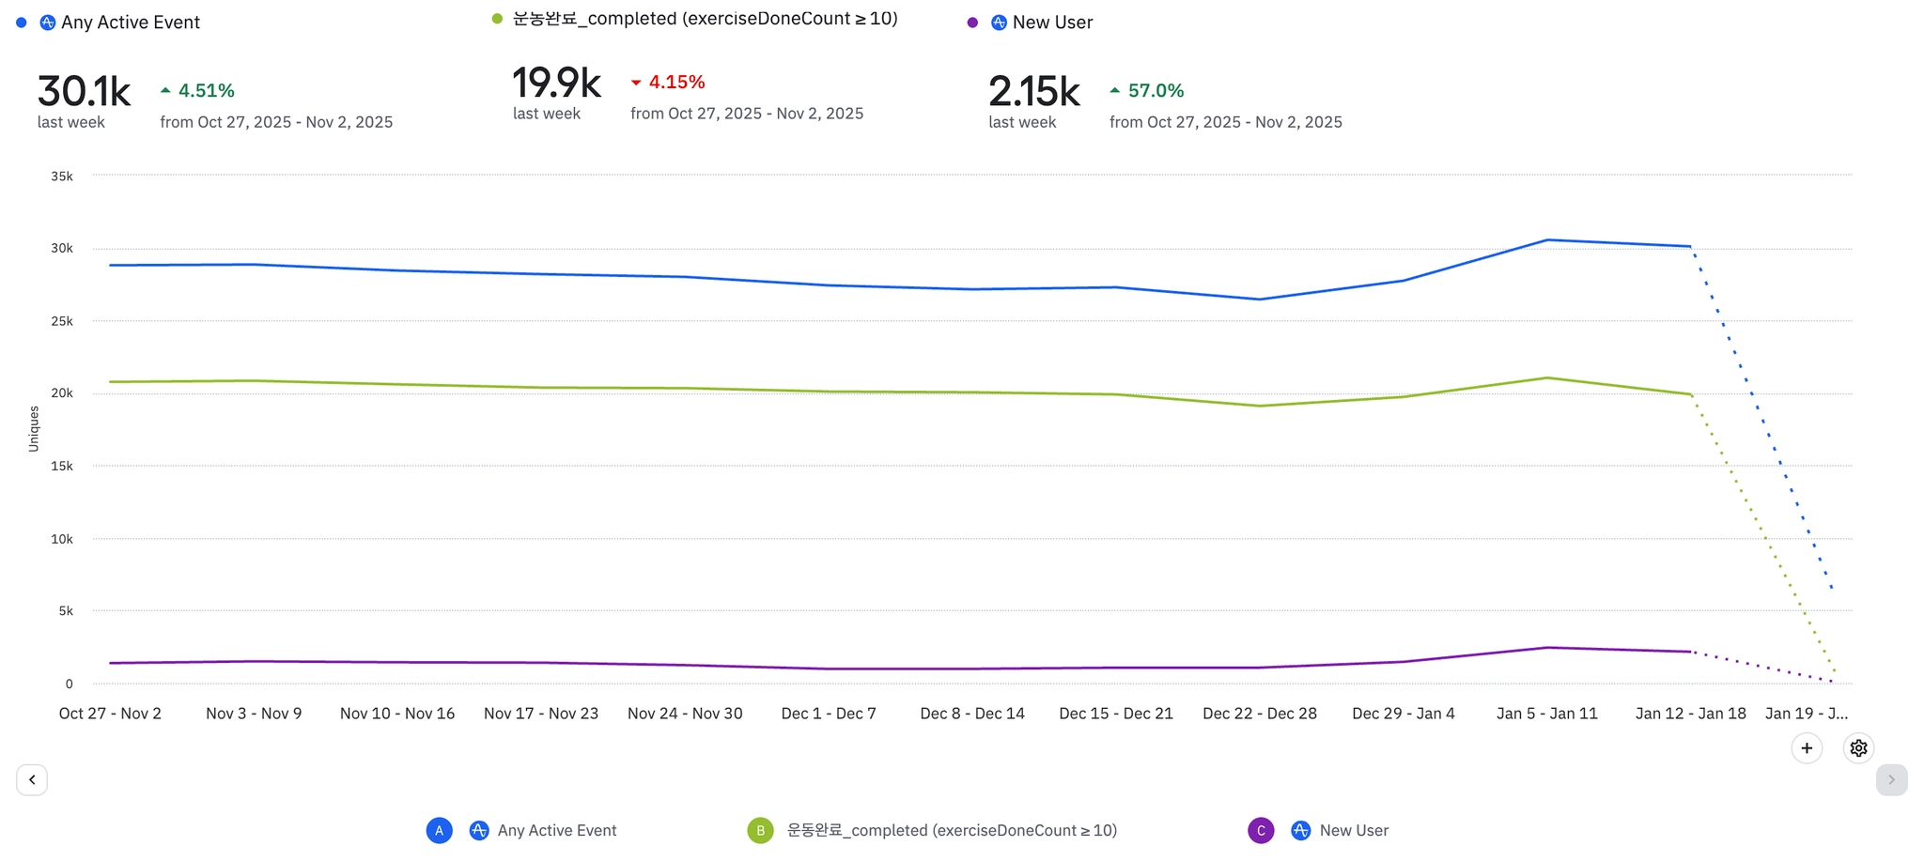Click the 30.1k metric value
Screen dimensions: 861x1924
point(84,92)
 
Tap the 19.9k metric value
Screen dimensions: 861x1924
point(556,84)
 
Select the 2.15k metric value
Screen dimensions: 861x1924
point(1033,92)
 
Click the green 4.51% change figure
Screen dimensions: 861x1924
point(206,91)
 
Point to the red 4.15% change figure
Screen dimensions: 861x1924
point(676,83)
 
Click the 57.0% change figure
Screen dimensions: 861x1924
point(1156,91)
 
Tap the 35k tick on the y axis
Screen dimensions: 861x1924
point(62,177)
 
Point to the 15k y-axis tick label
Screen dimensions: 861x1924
point(62,467)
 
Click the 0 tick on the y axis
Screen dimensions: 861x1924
point(69,684)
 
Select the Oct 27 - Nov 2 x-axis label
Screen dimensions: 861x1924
point(110,714)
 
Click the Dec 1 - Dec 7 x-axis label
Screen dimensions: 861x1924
point(829,714)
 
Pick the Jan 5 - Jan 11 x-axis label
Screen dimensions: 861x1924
point(1546,714)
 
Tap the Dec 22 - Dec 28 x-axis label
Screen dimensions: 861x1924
point(1260,714)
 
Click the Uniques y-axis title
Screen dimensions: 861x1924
point(34,429)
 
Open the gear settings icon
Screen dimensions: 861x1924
point(1858,748)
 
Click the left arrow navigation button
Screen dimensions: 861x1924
point(32,779)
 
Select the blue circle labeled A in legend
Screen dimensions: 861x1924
point(439,831)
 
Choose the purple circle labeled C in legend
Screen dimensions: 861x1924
point(1261,831)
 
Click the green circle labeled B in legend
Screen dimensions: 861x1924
point(760,831)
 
